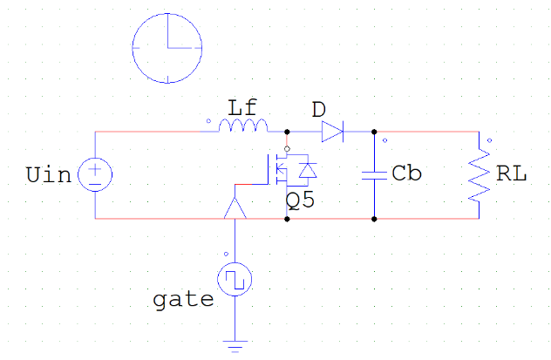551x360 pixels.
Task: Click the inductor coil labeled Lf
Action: click(x=243, y=126)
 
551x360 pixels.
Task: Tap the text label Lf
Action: click(x=242, y=108)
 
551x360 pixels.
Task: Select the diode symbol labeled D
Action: click(x=332, y=132)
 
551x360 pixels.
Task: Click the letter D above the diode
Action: click(x=319, y=110)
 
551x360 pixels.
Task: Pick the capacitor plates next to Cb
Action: click(x=374, y=175)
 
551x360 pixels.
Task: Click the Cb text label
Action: click(x=406, y=173)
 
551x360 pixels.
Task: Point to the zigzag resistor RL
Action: click(x=479, y=175)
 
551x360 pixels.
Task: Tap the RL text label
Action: click(x=511, y=173)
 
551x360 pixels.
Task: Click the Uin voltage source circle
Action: click(x=95, y=174)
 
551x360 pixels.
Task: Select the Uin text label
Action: click(x=49, y=175)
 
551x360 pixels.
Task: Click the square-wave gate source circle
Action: click(x=235, y=279)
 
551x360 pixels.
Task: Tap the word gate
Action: click(x=183, y=301)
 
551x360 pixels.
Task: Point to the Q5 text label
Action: click(x=300, y=200)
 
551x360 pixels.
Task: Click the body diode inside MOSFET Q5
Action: click(x=308, y=170)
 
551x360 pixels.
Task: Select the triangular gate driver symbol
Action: click(x=235, y=208)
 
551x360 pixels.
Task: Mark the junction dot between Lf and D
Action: click(x=287, y=132)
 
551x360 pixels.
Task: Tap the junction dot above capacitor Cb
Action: click(x=374, y=132)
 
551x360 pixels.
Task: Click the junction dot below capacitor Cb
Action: click(x=374, y=219)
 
